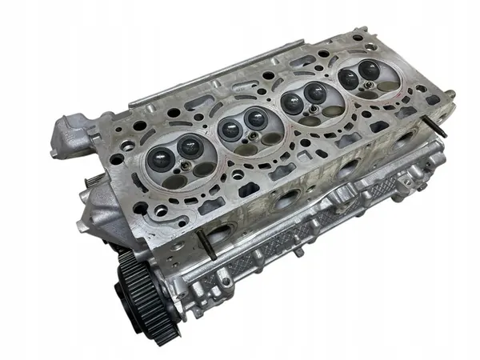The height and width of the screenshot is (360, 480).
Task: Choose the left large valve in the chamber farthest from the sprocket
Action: (350, 79)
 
